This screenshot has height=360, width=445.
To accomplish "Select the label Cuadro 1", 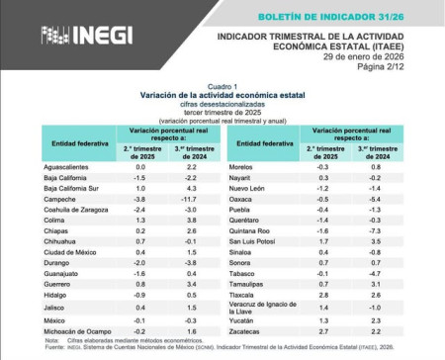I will click(x=220, y=87).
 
